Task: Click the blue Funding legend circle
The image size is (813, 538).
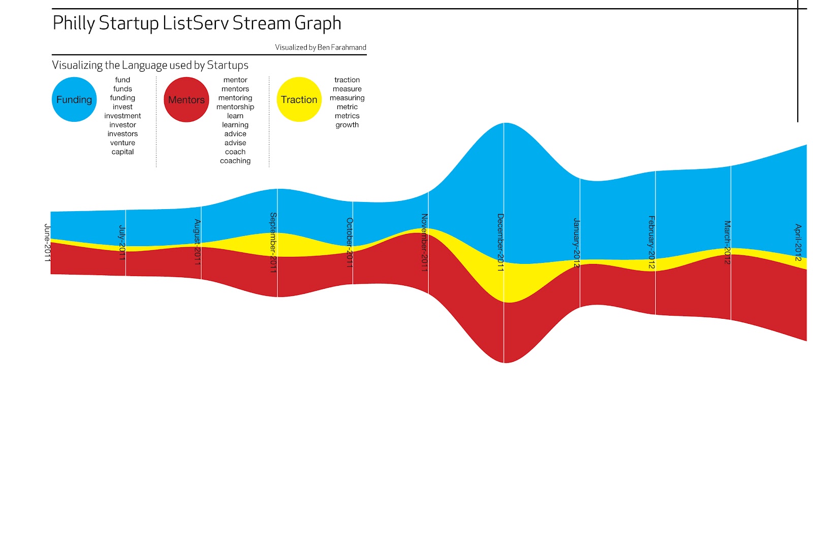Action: [x=74, y=99]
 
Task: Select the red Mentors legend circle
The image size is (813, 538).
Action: [x=186, y=99]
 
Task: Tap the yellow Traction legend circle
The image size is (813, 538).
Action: [x=299, y=99]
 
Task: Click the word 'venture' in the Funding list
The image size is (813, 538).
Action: [x=122, y=143]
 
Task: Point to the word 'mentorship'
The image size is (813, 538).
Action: [x=235, y=107]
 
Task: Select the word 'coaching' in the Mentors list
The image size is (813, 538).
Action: [x=235, y=161]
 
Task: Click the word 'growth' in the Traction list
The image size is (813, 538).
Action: [x=347, y=125]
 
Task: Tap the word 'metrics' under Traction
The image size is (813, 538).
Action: [x=347, y=116]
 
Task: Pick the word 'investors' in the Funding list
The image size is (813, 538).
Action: [x=122, y=134]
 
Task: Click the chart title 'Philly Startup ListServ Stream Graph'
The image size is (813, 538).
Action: [x=197, y=23]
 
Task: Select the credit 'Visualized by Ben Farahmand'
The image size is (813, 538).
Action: [x=321, y=47]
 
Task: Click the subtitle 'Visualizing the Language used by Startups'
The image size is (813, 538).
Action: [x=150, y=65]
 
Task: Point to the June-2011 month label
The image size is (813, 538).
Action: [x=47, y=243]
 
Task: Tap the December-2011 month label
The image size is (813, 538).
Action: [x=500, y=242]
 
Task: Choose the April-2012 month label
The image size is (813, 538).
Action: [x=798, y=242]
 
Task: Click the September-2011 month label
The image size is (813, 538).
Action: [x=273, y=242]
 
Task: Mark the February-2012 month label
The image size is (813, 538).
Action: [x=651, y=242]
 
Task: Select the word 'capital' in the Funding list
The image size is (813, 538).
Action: [x=122, y=152]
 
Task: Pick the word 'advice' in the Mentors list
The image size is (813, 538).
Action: [x=235, y=134]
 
